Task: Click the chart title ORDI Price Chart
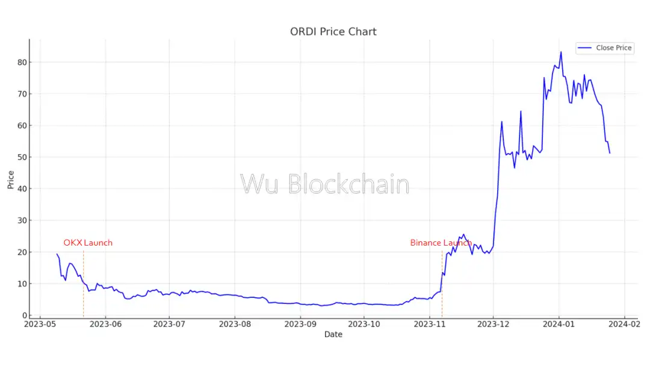click(333, 31)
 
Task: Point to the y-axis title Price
click(11, 179)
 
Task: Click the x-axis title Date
click(333, 334)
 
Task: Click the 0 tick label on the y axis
click(25, 315)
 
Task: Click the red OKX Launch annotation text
click(88, 243)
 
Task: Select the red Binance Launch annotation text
click(441, 243)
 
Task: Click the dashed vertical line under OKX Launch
click(83, 283)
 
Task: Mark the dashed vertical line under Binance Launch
click(442, 283)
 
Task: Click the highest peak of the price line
click(561, 52)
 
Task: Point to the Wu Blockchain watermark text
click(324, 184)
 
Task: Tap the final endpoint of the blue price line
click(610, 153)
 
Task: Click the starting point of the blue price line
click(57, 254)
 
